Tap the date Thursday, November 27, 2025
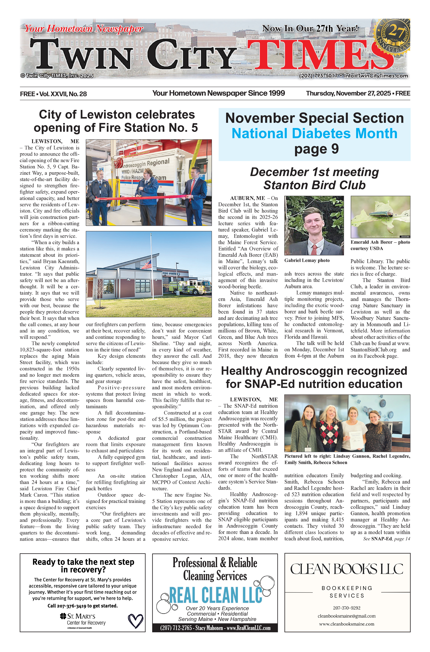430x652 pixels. [x=348, y=93]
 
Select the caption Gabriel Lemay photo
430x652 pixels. [x=307, y=260]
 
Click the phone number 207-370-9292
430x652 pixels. [x=347, y=608]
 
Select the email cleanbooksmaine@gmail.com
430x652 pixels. [x=347, y=616]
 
